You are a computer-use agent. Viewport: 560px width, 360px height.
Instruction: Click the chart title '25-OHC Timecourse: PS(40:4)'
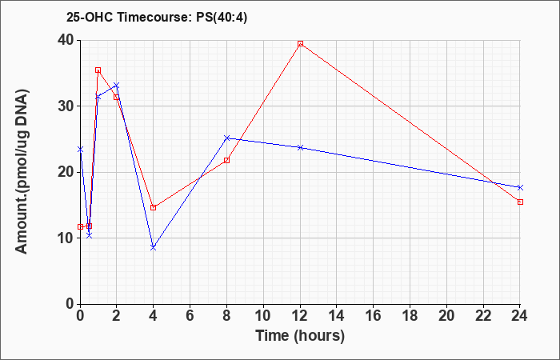tap(157, 18)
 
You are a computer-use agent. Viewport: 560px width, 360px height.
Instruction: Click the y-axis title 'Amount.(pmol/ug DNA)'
tap(22, 172)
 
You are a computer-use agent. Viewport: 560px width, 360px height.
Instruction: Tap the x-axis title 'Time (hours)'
tap(300, 336)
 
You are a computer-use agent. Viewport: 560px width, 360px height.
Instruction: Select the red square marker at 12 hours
tap(300, 43)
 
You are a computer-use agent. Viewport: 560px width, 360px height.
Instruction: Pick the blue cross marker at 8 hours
tap(226, 138)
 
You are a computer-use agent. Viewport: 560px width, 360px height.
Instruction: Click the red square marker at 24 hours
tap(520, 202)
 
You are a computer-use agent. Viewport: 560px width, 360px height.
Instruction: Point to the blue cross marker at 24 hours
tap(520, 187)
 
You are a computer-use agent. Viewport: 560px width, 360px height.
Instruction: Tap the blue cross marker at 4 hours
tap(154, 247)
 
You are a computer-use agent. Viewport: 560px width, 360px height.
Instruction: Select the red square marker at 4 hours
tap(154, 207)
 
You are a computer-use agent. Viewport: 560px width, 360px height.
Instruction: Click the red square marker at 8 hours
tap(226, 160)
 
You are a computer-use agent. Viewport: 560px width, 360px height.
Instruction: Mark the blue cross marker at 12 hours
tap(300, 147)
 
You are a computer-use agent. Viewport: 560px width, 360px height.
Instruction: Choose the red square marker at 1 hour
tap(98, 70)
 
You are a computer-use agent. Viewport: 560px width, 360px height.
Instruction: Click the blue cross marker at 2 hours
tap(117, 86)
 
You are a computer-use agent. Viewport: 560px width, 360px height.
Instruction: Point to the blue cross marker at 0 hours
tap(80, 150)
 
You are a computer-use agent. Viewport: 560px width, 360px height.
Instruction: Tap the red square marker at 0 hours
tap(80, 226)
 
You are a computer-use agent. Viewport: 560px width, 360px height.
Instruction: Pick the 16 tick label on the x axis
tap(374, 316)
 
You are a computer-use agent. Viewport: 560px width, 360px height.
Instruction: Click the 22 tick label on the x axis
tap(483, 316)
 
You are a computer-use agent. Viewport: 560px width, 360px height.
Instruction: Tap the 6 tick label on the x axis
tap(190, 316)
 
